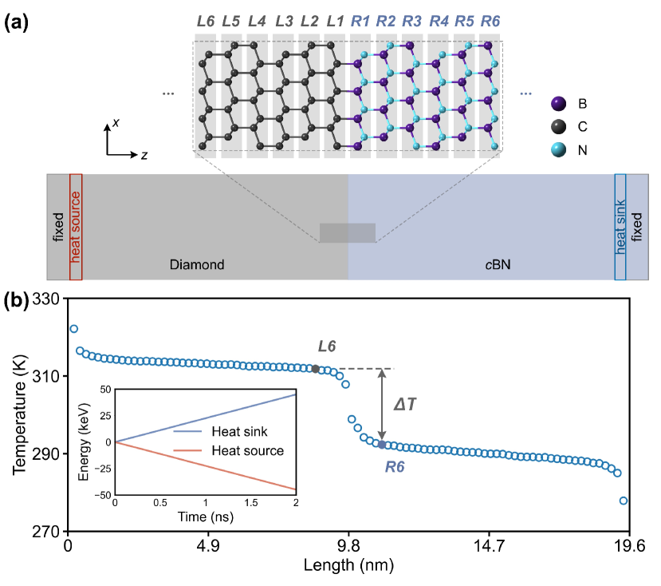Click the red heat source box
(76, 227)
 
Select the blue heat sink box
(620, 227)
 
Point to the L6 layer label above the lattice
(206, 20)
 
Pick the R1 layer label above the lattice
(360, 20)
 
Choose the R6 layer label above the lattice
(490, 20)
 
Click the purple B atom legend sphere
(558, 104)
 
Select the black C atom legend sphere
(558, 126)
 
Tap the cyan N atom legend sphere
(558, 148)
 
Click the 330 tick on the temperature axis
(47, 299)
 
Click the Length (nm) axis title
(348, 566)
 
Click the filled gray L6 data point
(316, 369)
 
